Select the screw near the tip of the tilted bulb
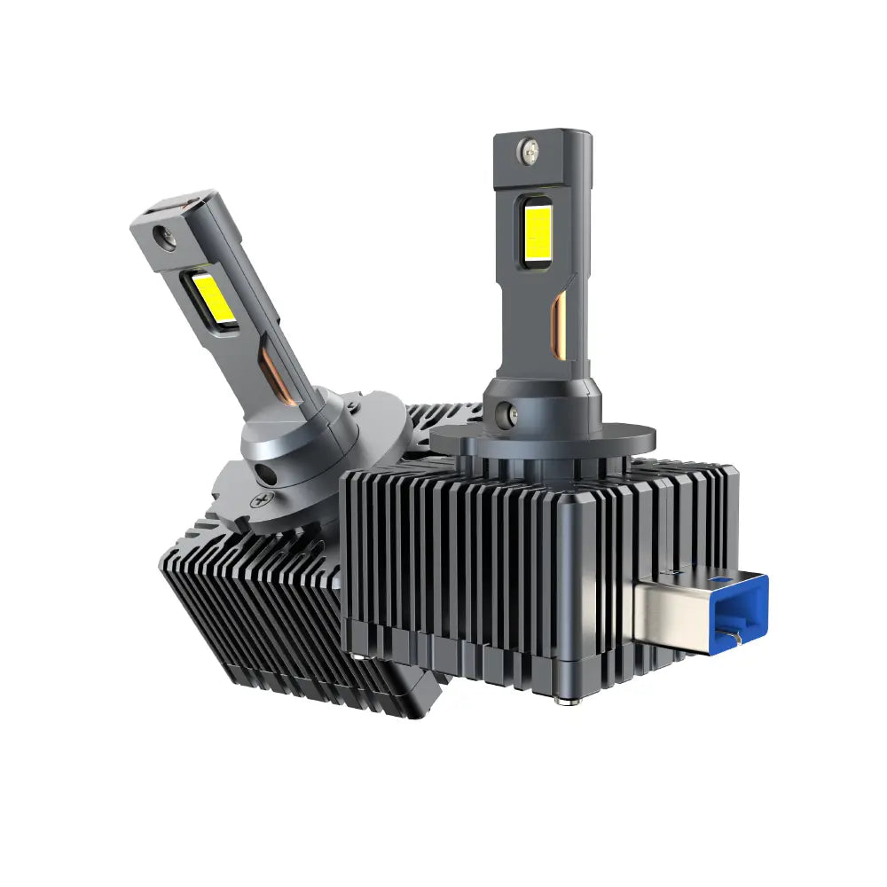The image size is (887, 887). click(162, 236)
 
